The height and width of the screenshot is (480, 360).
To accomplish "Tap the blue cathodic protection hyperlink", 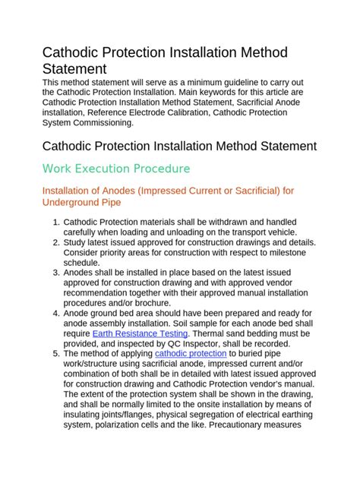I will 191,353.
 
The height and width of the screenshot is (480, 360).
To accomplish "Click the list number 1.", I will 56,222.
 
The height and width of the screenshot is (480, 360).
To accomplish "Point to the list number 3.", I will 56,272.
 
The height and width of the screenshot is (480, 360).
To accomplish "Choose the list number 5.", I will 56,353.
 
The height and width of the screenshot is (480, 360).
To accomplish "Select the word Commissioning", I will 99,122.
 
